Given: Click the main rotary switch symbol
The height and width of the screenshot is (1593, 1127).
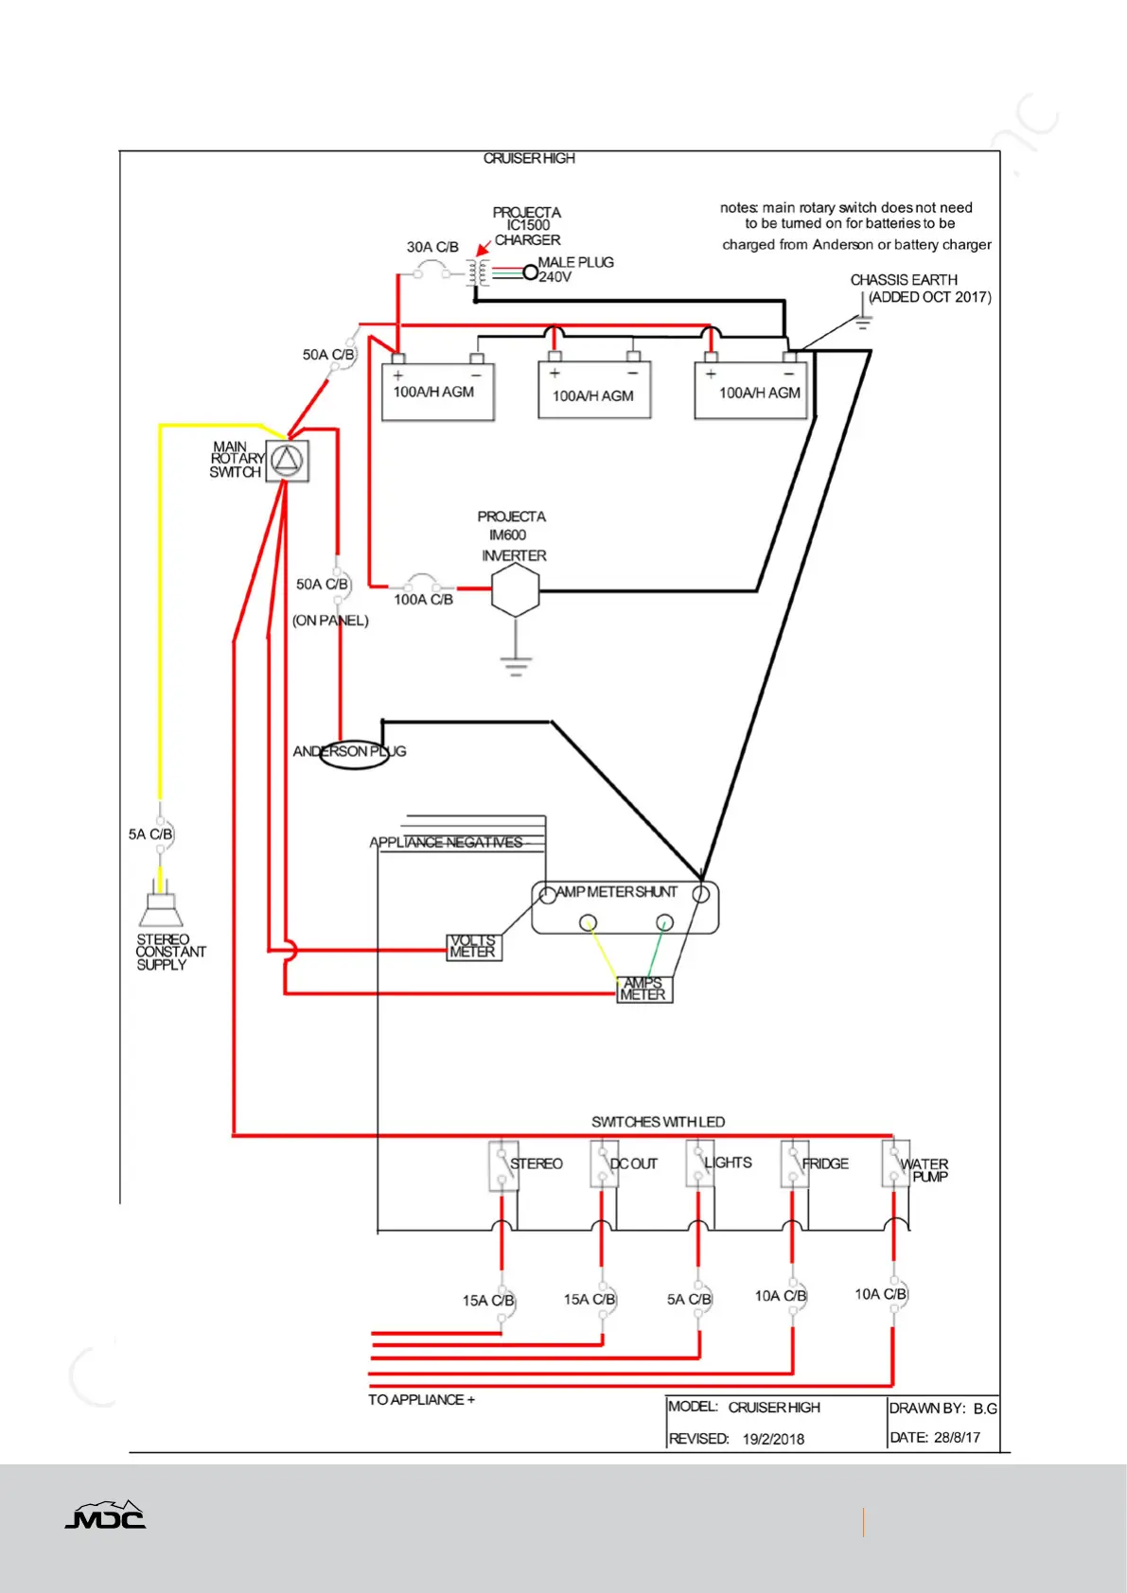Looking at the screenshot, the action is click(288, 461).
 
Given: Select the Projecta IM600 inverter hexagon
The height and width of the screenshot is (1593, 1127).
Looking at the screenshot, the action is click(515, 589).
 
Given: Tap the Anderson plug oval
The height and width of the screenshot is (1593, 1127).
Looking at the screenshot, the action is click(354, 754).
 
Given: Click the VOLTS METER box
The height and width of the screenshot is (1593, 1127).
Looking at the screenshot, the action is click(474, 947).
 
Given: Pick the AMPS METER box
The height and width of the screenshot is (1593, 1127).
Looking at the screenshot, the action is click(643, 989).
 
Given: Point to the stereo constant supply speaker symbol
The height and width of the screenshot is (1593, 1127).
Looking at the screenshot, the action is click(161, 904).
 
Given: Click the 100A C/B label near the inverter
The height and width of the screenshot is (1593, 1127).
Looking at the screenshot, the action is click(423, 600).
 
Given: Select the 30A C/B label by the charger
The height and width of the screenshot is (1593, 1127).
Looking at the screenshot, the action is click(432, 247).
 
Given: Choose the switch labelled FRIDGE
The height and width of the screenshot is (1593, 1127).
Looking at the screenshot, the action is click(794, 1164).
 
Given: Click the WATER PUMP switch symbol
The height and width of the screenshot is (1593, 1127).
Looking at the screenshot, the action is click(895, 1164).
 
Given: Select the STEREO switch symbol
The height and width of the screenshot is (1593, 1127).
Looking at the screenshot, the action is click(503, 1166).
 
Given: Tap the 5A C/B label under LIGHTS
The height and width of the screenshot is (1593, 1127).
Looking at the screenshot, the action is click(689, 1300).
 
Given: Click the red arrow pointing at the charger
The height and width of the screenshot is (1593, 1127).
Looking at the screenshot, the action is click(484, 248).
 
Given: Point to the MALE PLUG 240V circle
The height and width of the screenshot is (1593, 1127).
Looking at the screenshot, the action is click(530, 272).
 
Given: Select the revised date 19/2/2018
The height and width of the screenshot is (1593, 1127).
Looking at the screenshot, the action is click(773, 1440).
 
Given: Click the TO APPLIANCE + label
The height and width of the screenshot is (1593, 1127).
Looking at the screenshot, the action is click(421, 1400).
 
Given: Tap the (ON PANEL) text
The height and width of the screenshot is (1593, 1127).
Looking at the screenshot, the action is click(330, 621).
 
